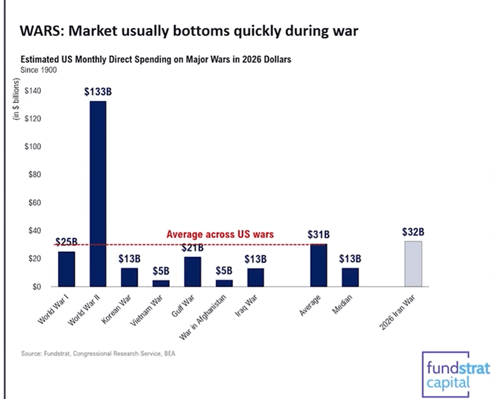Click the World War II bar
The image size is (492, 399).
[x=98, y=193]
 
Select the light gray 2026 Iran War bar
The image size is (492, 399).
[x=413, y=264]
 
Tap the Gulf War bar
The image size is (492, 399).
[x=193, y=272]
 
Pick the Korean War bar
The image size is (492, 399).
[x=129, y=277]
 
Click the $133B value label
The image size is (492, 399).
[x=98, y=92]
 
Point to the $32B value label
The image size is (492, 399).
[x=413, y=232]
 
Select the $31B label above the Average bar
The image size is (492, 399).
[x=319, y=235]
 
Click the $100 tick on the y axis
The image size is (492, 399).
[x=35, y=147]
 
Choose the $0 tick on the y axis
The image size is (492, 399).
[x=38, y=287]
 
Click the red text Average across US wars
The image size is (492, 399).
[x=220, y=235]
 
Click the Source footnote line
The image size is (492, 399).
[x=98, y=354]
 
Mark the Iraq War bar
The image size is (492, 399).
[x=256, y=277]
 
